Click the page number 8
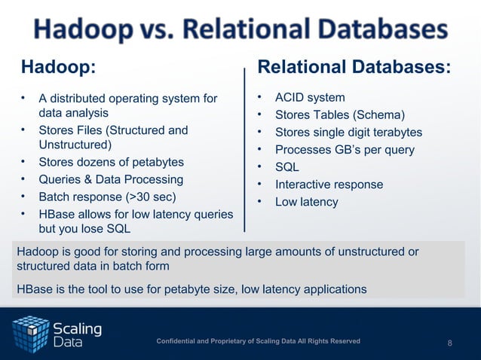pos(450,343)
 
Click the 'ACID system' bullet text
pos(310,98)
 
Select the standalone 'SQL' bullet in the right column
pos(287,167)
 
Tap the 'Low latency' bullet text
pos(306,202)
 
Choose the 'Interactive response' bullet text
pos(329,185)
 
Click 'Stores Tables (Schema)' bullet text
pos(339,115)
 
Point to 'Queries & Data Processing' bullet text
pos(111,179)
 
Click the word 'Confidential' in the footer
pos(179,342)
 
